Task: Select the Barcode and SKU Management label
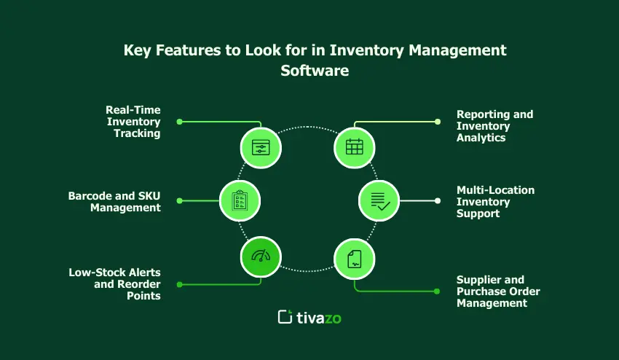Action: click(x=114, y=201)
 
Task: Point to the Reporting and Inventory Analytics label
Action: click(x=494, y=125)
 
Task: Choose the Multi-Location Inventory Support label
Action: click(x=495, y=201)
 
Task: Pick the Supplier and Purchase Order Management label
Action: click(x=498, y=291)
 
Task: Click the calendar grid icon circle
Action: click(x=355, y=146)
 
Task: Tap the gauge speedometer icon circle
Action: click(x=261, y=257)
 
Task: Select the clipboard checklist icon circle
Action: click(x=240, y=200)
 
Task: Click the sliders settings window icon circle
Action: click(x=261, y=146)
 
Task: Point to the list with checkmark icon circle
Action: click(x=379, y=200)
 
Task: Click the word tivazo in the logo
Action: click(x=318, y=317)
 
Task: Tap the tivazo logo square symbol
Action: click(x=285, y=317)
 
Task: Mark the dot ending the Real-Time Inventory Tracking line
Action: click(x=180, y=122)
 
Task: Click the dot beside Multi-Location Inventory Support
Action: click(x=438, y=200)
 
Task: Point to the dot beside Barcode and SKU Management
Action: click(x=180, y=200)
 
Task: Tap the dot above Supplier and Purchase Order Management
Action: click(x=437, y=291)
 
